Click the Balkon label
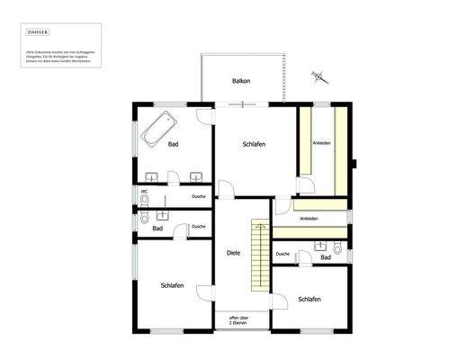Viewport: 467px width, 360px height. pyautogui.click(x=241, y=81)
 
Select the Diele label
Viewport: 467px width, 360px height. pyautogui.click(x=233, y=253)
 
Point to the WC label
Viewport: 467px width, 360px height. pyautogui.click(x=144, y=191)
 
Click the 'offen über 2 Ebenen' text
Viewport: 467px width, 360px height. pyautogui.click(x=239, y=320)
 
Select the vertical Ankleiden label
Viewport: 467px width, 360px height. pyautogui.click(x=321, y=143)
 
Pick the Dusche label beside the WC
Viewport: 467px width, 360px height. pyautogui.click(x=199, y=196)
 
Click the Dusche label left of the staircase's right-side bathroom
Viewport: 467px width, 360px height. pyautogui.click(x=283, y=255)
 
